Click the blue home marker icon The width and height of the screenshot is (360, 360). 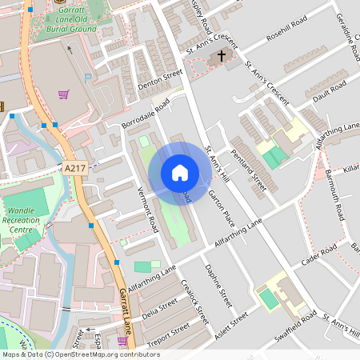pyautogui.click(x=180, y=173)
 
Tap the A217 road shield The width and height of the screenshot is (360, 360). pyautogui.click(x=74, y=168)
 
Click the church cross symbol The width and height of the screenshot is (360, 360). pyautogui.click(x=221, y=57)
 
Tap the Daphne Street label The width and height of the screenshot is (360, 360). pyautogui.click(x=218, y=286)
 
